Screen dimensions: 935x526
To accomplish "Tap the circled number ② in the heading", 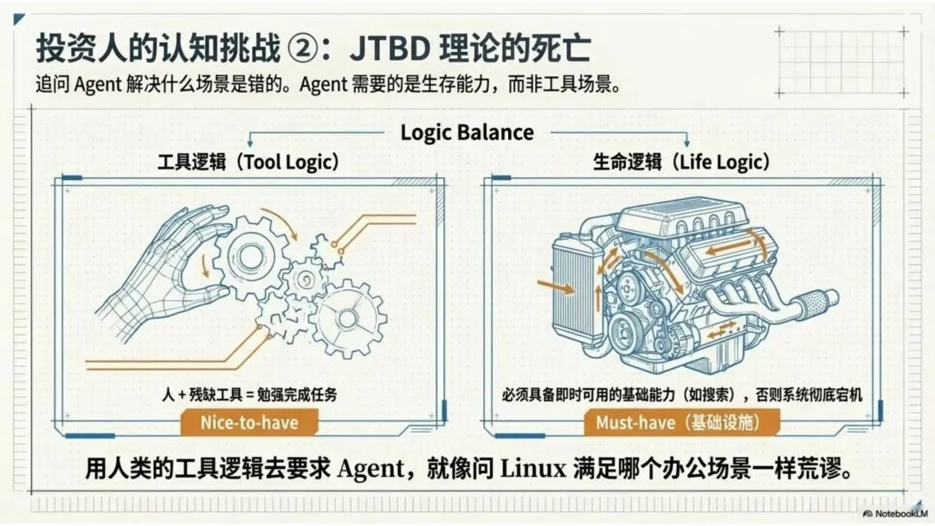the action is (305, 48).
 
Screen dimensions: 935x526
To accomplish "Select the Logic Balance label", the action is (467, 132).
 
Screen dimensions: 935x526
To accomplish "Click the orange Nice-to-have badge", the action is (248, 422).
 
